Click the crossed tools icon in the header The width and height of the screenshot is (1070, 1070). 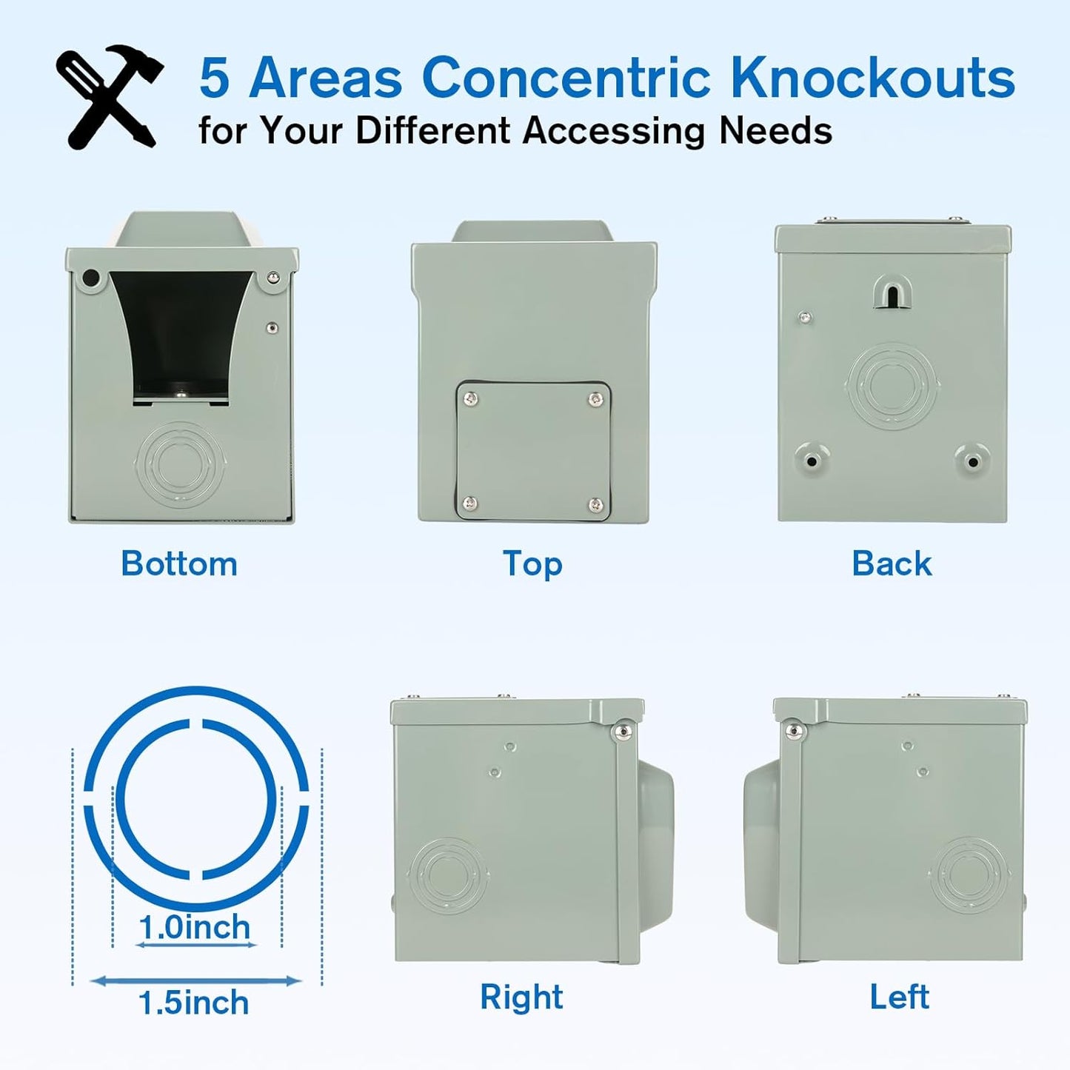click(x=110, y=96)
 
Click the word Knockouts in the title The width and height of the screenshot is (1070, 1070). click(x=872, y=78)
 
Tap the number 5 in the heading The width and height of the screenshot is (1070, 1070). click(x=215, y=78)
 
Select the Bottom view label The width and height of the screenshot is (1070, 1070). click(x=179, y=564)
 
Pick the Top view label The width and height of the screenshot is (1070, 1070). click(x=532, y=564)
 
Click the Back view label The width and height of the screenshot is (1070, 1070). click(x=892, y=564)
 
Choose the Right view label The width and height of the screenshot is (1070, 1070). click(x=521, y=997)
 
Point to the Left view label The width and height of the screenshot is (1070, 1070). click(x=899, y=997)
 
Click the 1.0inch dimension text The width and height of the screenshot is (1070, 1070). click(x=195, y=927)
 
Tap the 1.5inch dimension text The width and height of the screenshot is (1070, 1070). click(x=194, y=1003)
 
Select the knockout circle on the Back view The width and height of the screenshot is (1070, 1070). click(x=892, y=385)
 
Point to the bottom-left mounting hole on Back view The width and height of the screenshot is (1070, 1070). click(x=812, y=461)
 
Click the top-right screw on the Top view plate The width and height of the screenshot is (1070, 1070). click(x=595, y=400)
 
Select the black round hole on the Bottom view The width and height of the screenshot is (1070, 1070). click(x=91, y=278)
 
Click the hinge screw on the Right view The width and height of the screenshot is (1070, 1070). click(x=623, y=732)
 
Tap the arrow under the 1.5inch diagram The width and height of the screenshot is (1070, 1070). click(x=196, y=981)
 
